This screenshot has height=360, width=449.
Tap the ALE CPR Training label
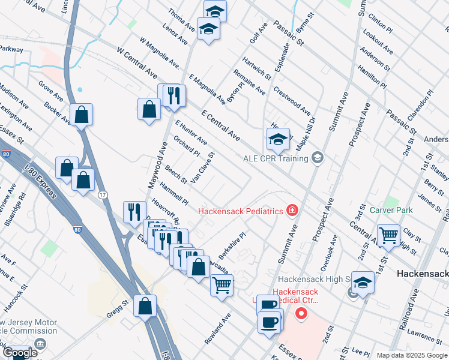(x=276, y=158)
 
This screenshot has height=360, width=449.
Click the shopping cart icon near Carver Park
(x=389, y=235)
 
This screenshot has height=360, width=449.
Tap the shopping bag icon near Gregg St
(x=145, y=306)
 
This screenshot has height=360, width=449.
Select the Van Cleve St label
(x=203, y=167)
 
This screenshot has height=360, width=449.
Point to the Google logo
(x=20, y=353)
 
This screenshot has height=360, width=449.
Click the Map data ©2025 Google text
(x=412, y=355)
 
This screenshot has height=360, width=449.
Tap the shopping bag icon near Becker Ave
(x=81, y=114)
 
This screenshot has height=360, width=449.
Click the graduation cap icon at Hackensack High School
(x=363, y=283)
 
